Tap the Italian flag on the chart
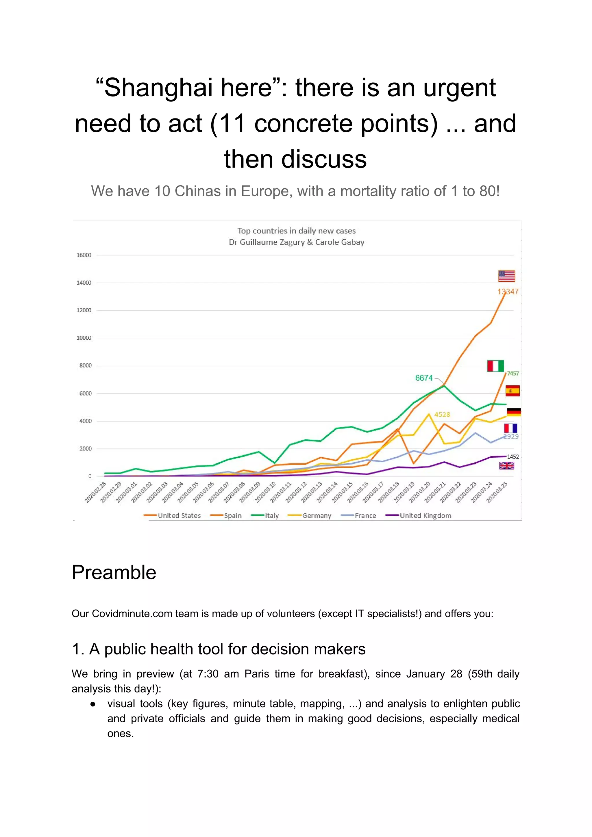point(495,366)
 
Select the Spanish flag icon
point(512,391)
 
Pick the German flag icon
point(514,412)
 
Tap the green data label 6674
point(423,378)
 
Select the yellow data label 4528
point(442,415)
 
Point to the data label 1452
point(513,457)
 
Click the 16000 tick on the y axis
point(84,255)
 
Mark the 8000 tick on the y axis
point(85,366)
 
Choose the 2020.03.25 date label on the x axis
point(497,492)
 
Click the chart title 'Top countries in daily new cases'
point(296,231)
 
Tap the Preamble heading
point(114,572)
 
